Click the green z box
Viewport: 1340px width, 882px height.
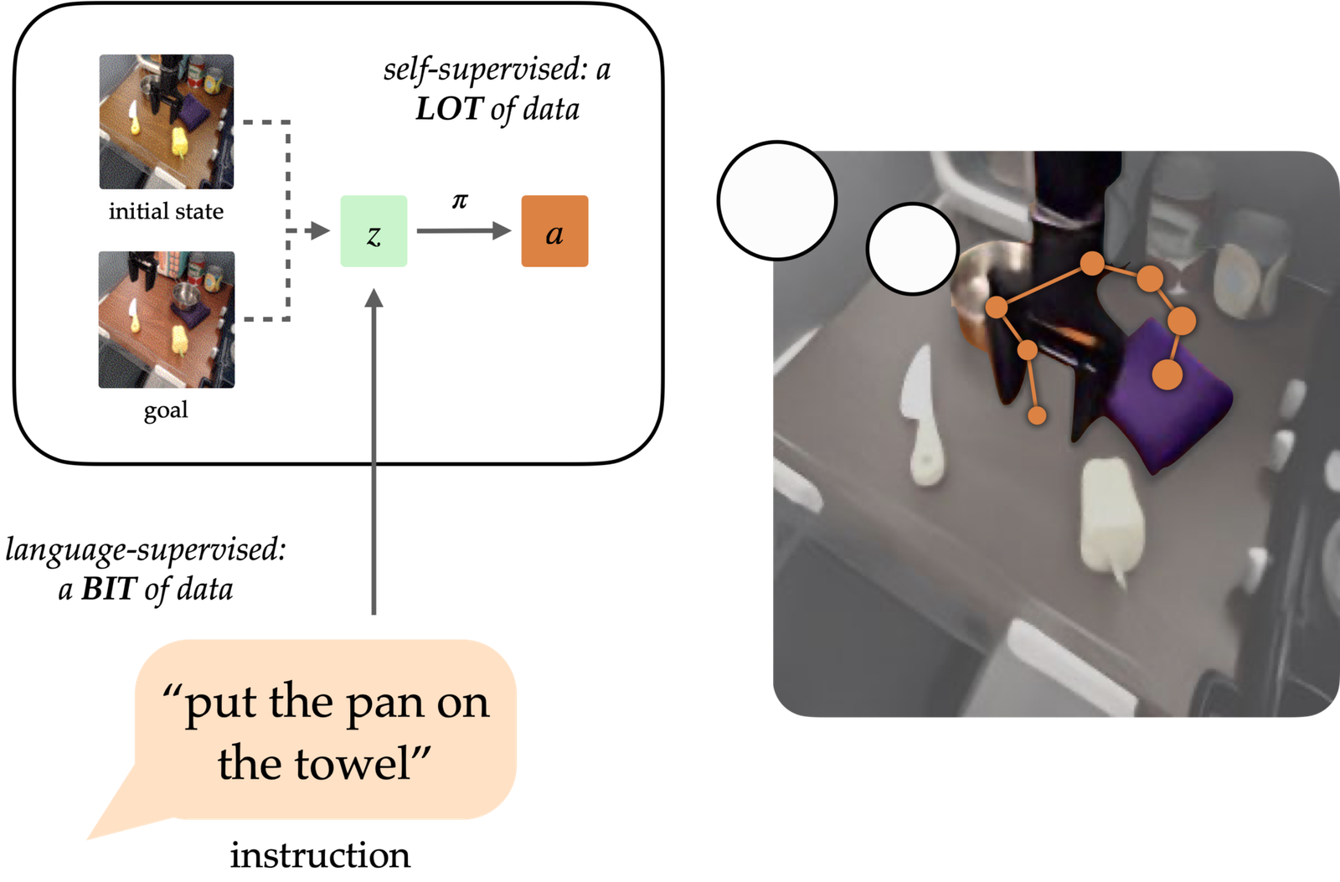[374, 231]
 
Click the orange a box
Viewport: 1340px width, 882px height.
[554, 231]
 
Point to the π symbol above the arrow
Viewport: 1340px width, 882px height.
[460, 201]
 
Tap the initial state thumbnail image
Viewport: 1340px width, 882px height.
[166, 121]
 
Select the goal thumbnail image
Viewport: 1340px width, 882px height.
[166, 319]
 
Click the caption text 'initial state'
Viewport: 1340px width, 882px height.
[166, 211]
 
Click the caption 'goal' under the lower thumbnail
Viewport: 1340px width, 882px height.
[166, 410]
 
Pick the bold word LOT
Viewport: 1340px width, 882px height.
[450, 109]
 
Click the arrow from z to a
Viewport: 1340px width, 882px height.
[463, 231]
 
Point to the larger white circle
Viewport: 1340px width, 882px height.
[777, 201]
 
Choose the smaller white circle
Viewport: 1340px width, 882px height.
[912, 249]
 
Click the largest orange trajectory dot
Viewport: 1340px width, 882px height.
[1167, 374]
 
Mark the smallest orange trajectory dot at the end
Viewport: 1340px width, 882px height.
[1037, 415]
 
